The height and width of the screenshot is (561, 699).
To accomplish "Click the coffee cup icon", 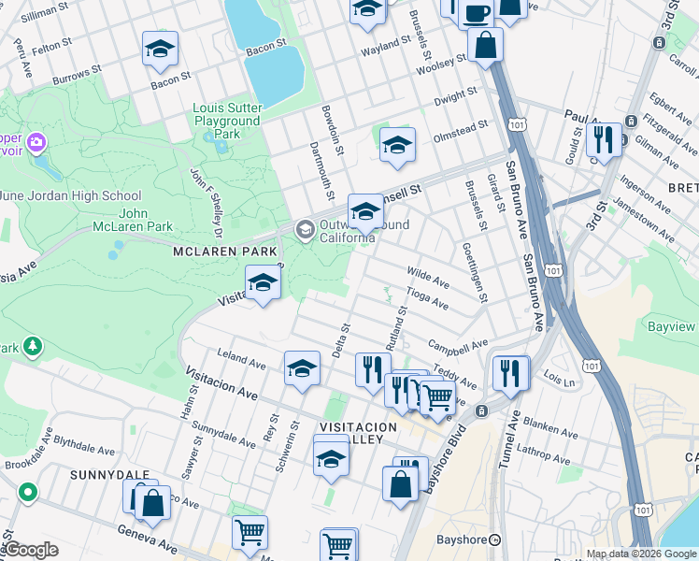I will [x=478, y=12].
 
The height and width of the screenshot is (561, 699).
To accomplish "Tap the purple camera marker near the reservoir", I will [x=36, y=143].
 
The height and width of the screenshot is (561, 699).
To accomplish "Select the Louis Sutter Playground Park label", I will [x=226, y=121].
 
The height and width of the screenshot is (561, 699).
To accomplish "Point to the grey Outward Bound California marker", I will [x=305, y=229].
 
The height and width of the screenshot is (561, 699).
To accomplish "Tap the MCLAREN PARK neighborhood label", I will [x=224, y=252].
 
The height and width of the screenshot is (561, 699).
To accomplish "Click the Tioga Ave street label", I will [x=429, y=299].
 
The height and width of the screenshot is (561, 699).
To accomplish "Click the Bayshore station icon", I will [x=495, y=539].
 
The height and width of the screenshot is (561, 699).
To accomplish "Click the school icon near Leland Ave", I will [x=302, y=368].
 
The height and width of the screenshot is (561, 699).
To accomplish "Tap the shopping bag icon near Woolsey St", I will [x=486, y=44].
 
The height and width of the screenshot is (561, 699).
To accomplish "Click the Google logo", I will [x=30, y=550].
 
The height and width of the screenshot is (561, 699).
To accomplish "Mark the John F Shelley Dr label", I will [x=205, y=201].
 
